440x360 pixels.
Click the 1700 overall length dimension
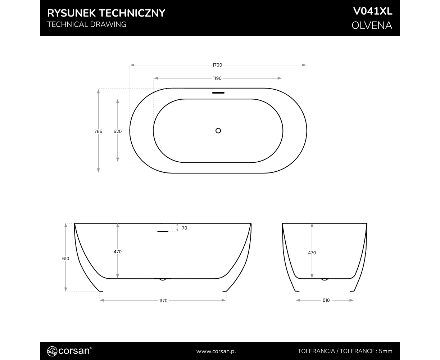[217, 65]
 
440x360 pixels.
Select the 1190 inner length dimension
[217, 78]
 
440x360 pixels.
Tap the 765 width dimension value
[98, 131]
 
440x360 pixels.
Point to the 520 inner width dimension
[118, 131]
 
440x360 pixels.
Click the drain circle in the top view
[218, 131]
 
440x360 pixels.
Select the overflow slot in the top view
[218, 93]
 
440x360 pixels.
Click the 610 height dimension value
[65, 258]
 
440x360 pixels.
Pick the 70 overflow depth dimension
[185, 228]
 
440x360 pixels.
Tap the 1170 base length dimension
[163, 301]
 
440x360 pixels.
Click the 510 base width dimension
[326, 300]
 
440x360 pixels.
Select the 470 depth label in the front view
[118, 252]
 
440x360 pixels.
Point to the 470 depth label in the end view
[312, 253]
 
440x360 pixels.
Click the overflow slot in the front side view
[163, 231]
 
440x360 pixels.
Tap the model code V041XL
[373, 12]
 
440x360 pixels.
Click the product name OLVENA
[372, 26]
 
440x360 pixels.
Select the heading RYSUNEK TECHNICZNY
[106, 13]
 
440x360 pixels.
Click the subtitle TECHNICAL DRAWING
[87, 24]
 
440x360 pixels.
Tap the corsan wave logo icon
[52, 351]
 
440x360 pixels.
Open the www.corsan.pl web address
[216, 351]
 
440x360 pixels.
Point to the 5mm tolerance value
[385, 351]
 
